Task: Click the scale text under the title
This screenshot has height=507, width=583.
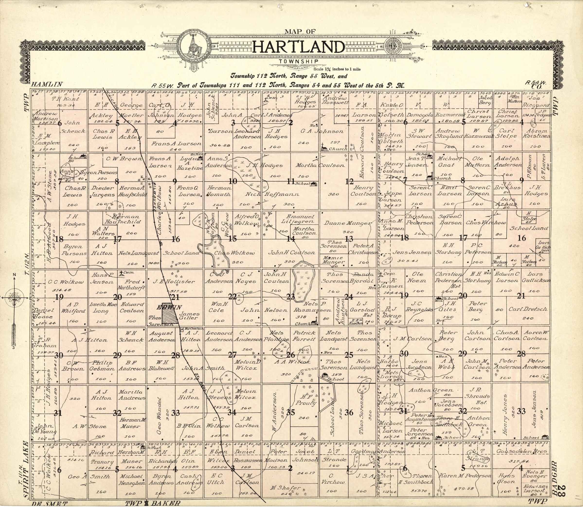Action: point(337,69)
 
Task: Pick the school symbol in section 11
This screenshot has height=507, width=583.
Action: point(313,184)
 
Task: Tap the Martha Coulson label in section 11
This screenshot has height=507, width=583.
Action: point(320,166)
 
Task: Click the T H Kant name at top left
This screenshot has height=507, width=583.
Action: point(61,99)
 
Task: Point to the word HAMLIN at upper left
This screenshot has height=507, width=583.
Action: point(47,84)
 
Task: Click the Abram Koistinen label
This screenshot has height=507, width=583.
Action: point(536,133)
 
